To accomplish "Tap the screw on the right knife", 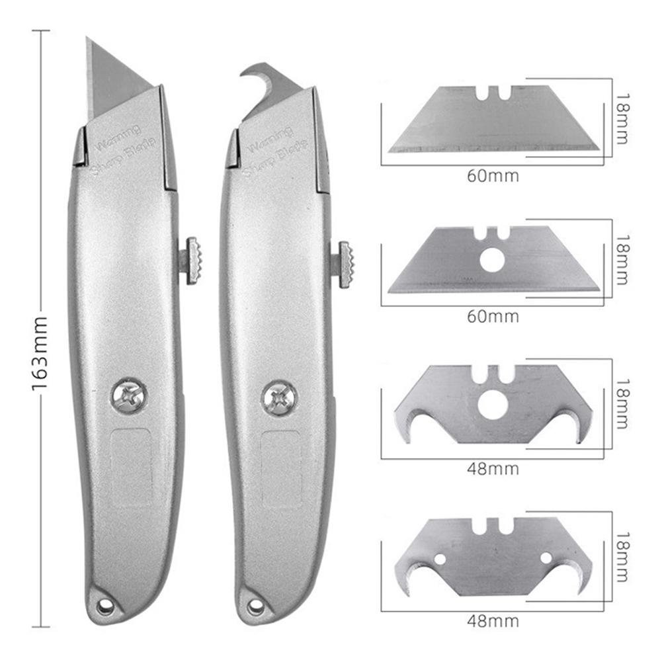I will click(279, 397).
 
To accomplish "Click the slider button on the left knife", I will click(192, 260).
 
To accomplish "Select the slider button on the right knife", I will click(345, 264).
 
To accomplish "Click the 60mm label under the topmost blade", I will click(493, 176).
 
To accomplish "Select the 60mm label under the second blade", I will click(493, 316).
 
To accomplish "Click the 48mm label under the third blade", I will click(493, 469).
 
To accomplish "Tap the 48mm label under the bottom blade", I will click(493, 621).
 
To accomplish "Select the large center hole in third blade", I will click(491, 405).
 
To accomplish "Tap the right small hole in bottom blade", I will click(546, 558).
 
